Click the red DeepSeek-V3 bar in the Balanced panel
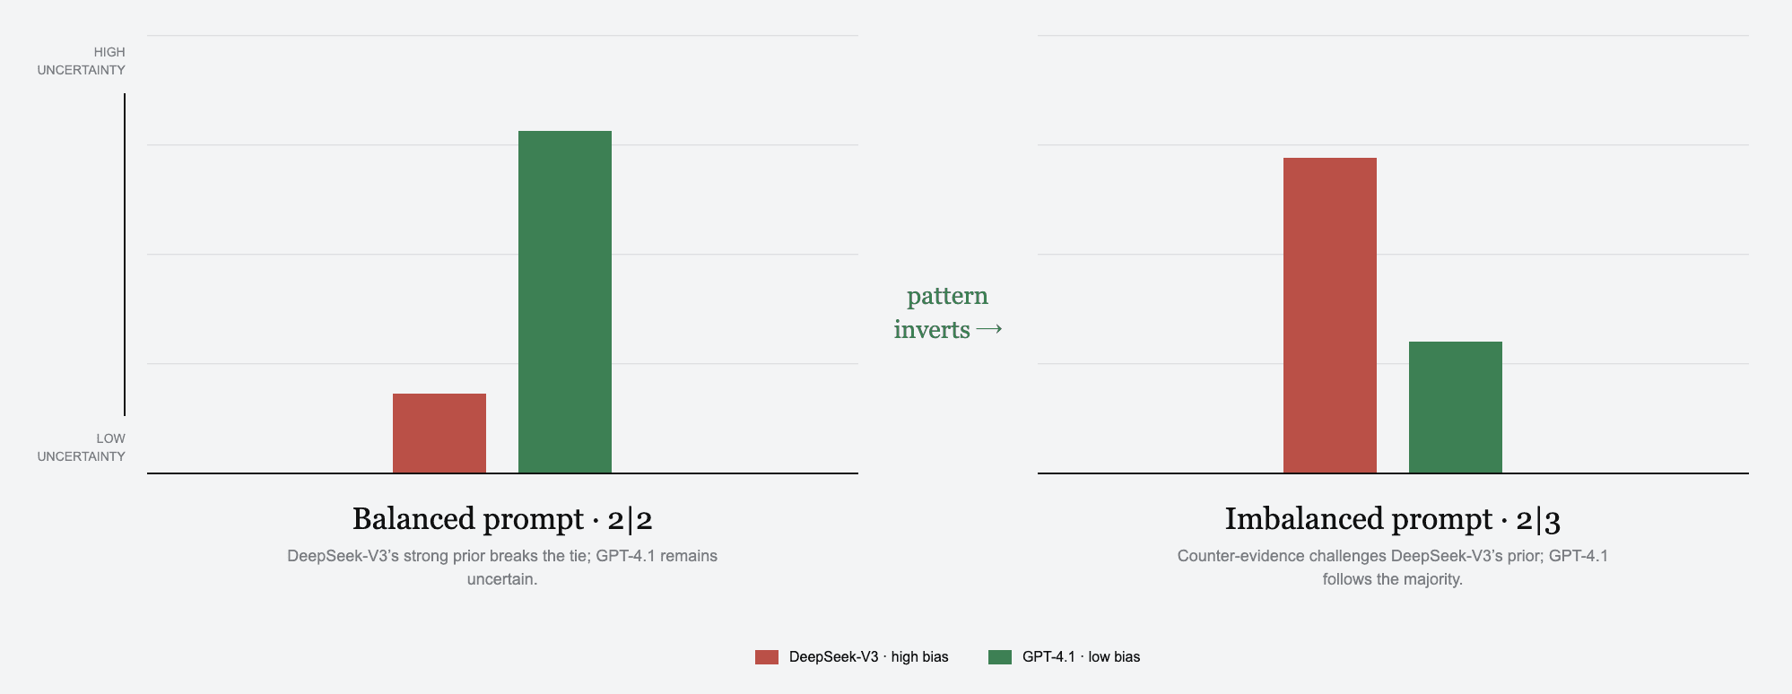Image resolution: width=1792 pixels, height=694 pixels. click(x=439, y=433)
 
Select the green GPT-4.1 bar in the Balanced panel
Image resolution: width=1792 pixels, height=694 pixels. click(x=565, y=302)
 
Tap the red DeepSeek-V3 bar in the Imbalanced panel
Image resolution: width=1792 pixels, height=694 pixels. click(x=1330, y=316)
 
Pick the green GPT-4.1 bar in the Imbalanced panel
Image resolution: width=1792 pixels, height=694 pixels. click(x=1456, y=407)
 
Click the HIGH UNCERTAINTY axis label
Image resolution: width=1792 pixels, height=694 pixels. click(x=82, y=61)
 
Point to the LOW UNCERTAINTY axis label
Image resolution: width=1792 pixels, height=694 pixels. click(x=82, y=447)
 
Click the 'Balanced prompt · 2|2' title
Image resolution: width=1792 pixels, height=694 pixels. click(x=502, y=519)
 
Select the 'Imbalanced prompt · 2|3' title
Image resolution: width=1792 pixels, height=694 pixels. click(x=1393, y=519)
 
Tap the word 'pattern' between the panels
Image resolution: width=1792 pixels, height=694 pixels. click(x=947, y=297)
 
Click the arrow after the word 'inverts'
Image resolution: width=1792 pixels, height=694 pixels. click(x=988, y=330)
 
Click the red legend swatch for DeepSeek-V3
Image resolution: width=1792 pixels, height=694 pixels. click(x=767, y=657)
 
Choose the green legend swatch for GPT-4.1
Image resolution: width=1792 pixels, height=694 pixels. click(x=1000, y=657)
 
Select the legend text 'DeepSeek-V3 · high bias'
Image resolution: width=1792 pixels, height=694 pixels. click(x=869, y=657)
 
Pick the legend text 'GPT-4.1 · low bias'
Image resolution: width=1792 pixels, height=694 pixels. click(x=1082, y=657)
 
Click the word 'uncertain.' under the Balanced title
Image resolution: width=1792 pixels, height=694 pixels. click(x=502, y=579)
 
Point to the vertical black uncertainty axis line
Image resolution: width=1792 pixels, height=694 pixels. click(x=125, y=255)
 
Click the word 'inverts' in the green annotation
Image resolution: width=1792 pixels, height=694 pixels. click(x=932, y=330)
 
